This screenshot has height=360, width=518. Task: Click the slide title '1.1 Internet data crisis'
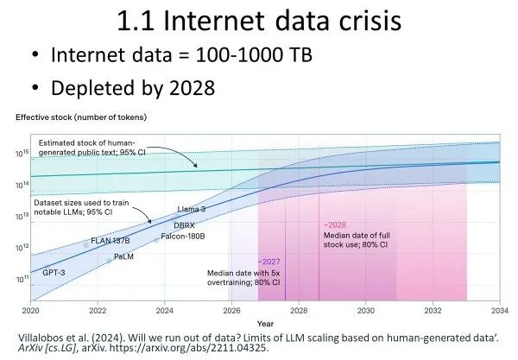click(260, 21)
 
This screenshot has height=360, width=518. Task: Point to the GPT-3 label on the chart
click(54, 272)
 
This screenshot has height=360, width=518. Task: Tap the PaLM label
click(123, 256)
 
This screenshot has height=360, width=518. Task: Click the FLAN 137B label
click(110, 241)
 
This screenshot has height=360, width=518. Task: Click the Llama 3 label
click(193, 210)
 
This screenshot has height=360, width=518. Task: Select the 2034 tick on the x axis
click(500, 310)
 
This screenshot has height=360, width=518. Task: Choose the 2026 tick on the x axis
click(231, 310)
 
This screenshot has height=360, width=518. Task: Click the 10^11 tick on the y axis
click(22, 280)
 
